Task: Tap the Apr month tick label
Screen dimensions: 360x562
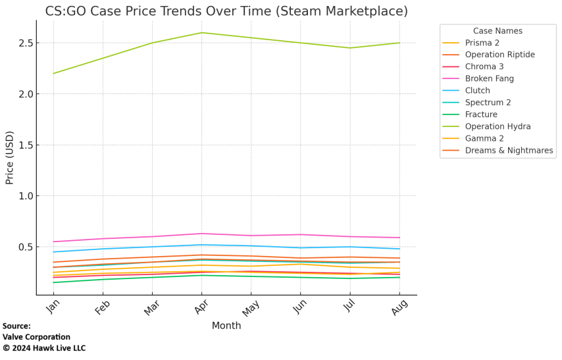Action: pyautogui.click(x=201, y=307)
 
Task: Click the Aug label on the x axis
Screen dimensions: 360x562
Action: pyautogui.click(x=398, y=307)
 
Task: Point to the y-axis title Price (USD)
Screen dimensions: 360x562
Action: pyautogui.click(x=9, y=157)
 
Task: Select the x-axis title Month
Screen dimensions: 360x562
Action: pyautogui.click(x=226, y=326)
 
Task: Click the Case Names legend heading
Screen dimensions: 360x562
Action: pyautogui.click(x=498, y=31)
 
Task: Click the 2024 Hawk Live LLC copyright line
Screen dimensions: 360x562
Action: pyautogui.click(x=44, y=348)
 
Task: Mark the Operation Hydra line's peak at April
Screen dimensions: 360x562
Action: pyautogui.click(x=202, y=33)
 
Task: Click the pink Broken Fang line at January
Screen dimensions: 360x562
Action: pyautogui.click(x=53, y=242)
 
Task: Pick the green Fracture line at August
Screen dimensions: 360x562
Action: pyautogui.click(x=399, y=277)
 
